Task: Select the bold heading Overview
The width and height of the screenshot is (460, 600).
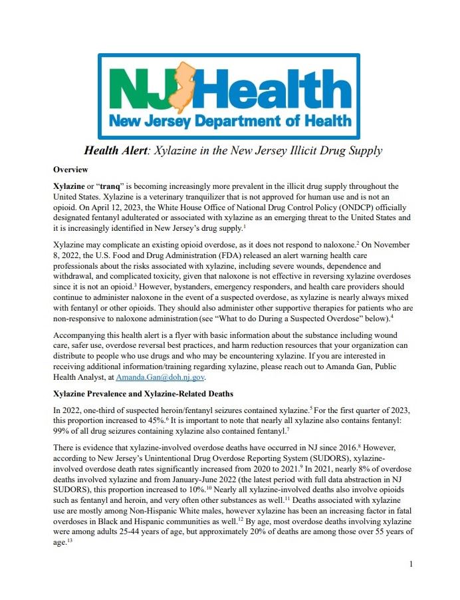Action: tap(71, 170)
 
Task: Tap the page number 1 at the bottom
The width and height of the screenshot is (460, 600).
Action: tap(411, 564)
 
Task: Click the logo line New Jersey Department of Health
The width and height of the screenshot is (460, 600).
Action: tap(230, 121)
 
